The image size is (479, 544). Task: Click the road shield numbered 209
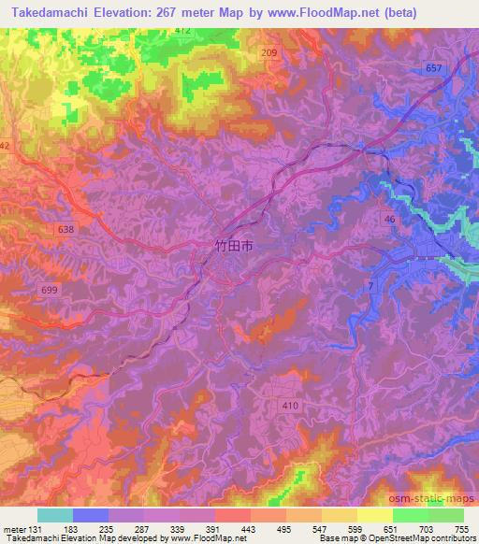click(269, 54)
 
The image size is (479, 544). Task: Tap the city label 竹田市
click(226, 248)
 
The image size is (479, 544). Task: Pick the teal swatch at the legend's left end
click(55, 515)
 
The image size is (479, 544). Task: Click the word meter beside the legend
click(14, 528)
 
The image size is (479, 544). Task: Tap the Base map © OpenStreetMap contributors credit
click(409, 538)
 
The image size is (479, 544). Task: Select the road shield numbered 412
click(182, 31)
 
